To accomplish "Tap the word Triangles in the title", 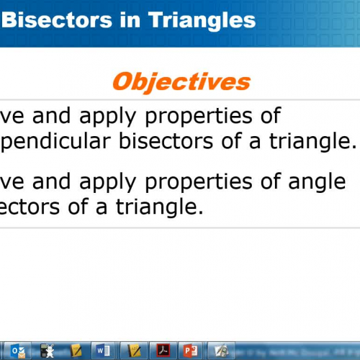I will (x=203, y=19).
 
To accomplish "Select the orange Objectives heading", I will (x=181, y=81).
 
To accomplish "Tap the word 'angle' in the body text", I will (x=314, y=182).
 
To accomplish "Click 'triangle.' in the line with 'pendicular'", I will (x=312, y=140).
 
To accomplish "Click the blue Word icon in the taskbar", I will (x=102, y=351).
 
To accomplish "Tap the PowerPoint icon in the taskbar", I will (x=191, y=351).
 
